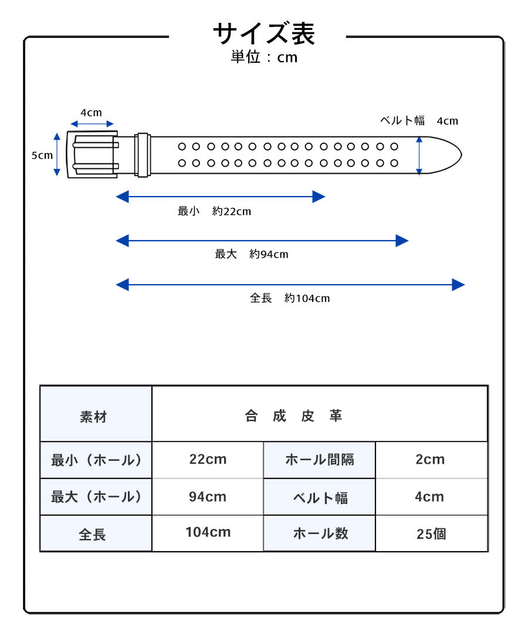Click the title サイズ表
coord(264,34)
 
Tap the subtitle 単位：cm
coord(264,58)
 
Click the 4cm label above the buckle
coord(91,113)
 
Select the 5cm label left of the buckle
coord(42,156)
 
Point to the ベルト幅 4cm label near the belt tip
coord(419,121)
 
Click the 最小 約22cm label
coord(214,211)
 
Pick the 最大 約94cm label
coord(252,254)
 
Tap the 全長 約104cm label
coord(290,298)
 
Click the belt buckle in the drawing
coord(92,154)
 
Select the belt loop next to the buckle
coord(143,154)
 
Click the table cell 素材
coord(94,417)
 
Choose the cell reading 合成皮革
coord(293,416)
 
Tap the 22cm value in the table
coord(208,460)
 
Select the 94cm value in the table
coord(208,497)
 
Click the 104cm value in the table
coord(208,532)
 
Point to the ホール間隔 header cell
coord(319,460)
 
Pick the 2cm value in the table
coord(430,460)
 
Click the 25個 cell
coord(431,534)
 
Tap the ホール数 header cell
coord(320,533)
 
